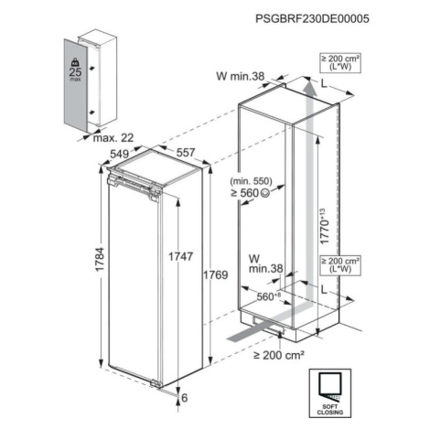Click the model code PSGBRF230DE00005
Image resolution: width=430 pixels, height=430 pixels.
pyautogui.click(x=312, y=18)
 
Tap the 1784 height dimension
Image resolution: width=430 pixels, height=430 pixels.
pyautogui.click(x=100, y=259)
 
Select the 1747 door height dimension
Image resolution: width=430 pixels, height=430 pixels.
pyautogui.click(x=181, y=256)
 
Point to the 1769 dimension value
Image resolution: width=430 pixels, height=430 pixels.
pyautogui.click(x=216, y=274)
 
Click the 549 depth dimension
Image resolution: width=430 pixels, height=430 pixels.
pyautogui.click(x=119, y=154)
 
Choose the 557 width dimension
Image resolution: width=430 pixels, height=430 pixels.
pyautogui.click(x=186, y=152)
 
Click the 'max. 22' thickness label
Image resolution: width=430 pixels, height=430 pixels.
pyautogui.click(x=113, y=138)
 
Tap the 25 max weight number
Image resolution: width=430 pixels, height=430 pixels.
pyautogui.click(x=75, y=72)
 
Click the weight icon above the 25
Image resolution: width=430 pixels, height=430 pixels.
pyautogui.click(x=75, y=62)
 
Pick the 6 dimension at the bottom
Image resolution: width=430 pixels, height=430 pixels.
pyautogui.click(x=185, y=398)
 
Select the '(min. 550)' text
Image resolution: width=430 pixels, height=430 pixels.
pyautogui.click(x=251, y=181)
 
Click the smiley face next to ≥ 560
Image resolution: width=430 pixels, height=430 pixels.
pyautogui.click(x=264, y=192)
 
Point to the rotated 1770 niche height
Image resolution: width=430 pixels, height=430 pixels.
pyautogui.click(x=324, y=226)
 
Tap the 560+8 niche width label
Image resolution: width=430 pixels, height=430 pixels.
pyautogui.click(x=268, y=296)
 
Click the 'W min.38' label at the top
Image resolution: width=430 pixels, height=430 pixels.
pyautogui.click(x=240, y=76)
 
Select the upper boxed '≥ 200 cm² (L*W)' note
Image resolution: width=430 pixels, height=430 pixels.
pyautogui.click(x=340, y=63)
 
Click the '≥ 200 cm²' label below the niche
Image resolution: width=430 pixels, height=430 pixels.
pyautogui.click(x=279, y=355)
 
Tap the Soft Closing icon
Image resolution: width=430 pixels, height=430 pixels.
pyautogui.click(x=330, y=392)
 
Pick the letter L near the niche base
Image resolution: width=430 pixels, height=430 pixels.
pyautogui.click(x=324, y=289)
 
